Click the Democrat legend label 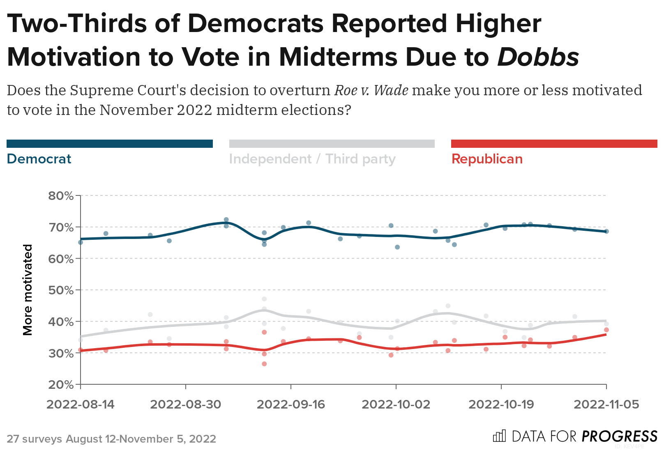coord(39,159)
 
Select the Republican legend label coord(487,159)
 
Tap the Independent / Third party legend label coord(312,159)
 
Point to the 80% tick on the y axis coord(61,196)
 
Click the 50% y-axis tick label coord(61,290)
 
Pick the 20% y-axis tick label coord(61,385)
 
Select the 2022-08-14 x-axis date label coord(81,404)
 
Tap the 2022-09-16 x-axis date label coord(291,404)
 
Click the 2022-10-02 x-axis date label coord(396,404)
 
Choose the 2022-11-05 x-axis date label coord(606,404)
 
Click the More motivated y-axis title coord(28,290)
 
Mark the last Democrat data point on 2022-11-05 coord(606,232)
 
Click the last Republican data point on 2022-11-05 coord(606,330)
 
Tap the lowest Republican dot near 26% coord(264,364)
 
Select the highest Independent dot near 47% coord(264,299)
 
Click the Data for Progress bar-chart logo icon coord(499,436)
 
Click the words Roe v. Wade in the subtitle coord(371,90)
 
